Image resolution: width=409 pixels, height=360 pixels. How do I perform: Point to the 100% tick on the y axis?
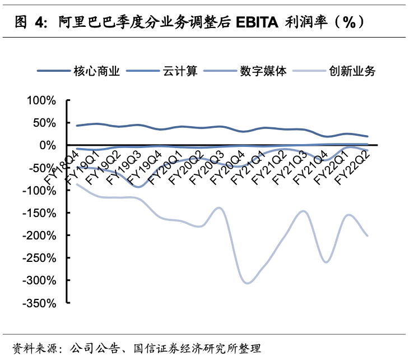(x=41, y=100)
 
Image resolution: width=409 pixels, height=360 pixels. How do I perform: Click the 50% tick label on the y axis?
(x=44, y=123)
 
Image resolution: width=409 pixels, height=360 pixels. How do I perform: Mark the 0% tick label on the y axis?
(x=48, y=145)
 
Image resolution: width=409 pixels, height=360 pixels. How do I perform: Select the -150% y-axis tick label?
(x=39, y=213)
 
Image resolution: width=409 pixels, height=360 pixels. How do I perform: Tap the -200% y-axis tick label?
(x=39, y=235)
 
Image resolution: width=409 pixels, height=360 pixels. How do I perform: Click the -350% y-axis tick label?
(x=39, y=302)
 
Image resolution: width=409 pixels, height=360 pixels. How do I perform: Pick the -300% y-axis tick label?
(x=39, y=280)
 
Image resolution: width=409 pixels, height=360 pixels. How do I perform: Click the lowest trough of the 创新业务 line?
(x=247, y=283)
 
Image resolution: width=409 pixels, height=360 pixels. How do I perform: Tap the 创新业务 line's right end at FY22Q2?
(x=368, y=236)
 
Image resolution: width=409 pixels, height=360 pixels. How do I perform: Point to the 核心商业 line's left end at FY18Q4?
(x=77, y=126)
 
